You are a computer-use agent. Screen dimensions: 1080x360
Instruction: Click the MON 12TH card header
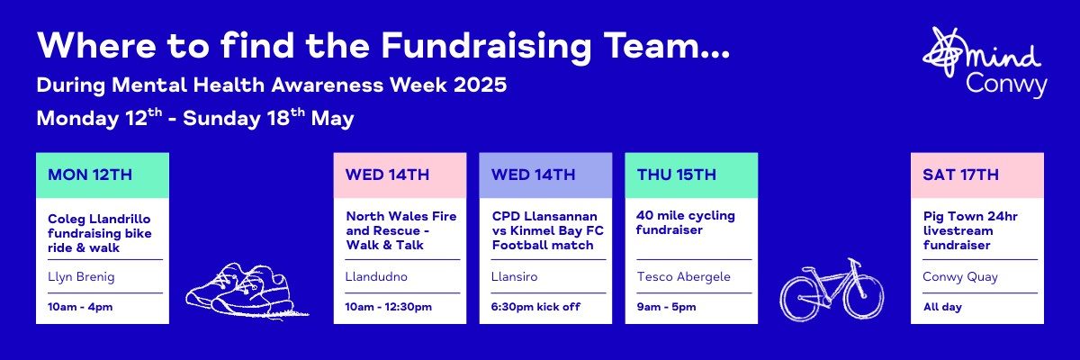103,175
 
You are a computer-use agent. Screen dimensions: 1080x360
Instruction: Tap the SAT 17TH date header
977,175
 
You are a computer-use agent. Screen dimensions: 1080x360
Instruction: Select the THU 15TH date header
691,175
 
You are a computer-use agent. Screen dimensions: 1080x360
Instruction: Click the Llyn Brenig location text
81,277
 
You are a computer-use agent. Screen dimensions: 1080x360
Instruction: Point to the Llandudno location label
376,276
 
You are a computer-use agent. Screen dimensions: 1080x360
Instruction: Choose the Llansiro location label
514,276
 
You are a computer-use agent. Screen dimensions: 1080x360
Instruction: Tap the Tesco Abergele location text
684,277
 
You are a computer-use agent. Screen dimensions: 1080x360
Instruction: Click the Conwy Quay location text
960,277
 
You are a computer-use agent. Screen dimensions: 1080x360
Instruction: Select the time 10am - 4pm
80,307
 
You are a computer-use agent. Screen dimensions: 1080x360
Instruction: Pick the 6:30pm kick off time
535,307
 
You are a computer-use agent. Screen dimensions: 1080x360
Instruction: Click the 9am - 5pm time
666,307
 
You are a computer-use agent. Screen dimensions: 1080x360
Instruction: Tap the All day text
942,307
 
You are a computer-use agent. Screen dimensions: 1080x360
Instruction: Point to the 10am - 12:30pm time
388,307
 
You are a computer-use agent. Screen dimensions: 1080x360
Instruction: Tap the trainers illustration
247,291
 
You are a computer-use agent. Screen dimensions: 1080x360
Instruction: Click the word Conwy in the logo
1006,85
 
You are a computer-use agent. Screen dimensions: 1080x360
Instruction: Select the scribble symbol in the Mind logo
944,51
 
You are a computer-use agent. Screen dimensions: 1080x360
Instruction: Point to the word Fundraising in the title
486,47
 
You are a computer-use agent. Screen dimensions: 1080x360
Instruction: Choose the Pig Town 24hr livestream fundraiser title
970,230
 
